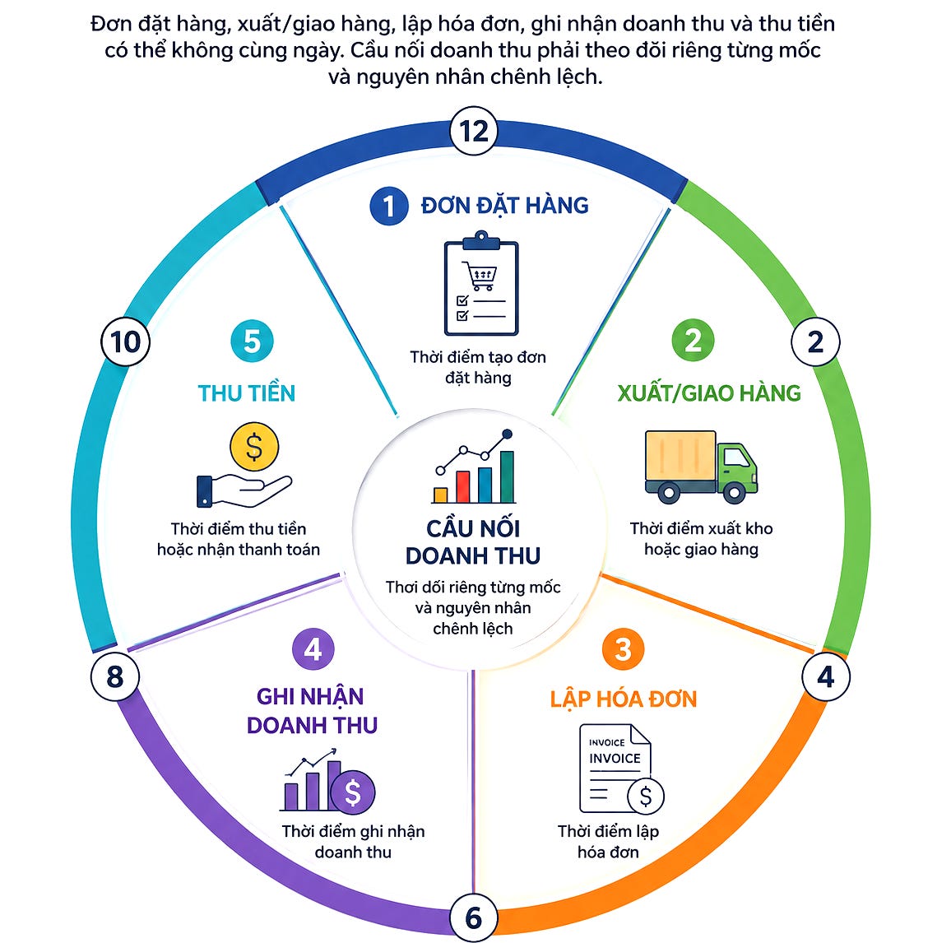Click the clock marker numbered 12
[x=474, y=131]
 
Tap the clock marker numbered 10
[x=125, y=341]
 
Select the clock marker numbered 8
[x=115, y=676]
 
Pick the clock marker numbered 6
[x=474, y=917]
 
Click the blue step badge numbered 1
[x=389, y=207]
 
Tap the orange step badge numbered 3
[x=623, y=649]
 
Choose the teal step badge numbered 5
[x=253, y=341]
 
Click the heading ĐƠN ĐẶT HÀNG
[x=505, y=206]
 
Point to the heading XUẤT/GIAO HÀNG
[x=709, y=393]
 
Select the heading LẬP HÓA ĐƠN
[x=624, y=699]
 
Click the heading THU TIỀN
[x=246, y=393]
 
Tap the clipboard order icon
[x=481, y=283]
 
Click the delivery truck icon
[x=701, y=467]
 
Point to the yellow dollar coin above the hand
[x=254, y=447]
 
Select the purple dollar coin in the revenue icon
[x=352, y=792]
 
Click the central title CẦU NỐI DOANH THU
[x=473, y=542]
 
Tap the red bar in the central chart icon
[x=463, y=486]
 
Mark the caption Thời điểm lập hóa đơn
[x=608, y=842]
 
